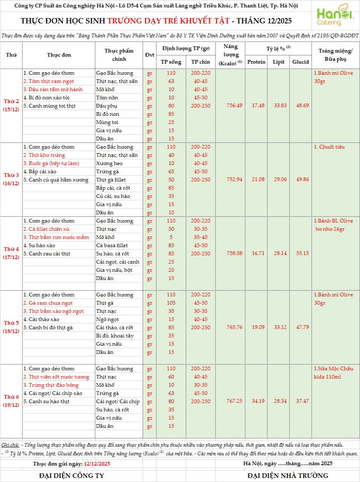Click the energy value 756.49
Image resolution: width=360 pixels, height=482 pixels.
click(234, 106)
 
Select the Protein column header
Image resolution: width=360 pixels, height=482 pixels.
click(256, 62)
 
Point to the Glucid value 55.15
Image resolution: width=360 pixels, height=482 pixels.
click(300, 253)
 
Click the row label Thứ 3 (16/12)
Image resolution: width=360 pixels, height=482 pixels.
click(12, 179)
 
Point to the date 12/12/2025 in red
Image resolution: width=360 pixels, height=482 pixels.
click(97, 464)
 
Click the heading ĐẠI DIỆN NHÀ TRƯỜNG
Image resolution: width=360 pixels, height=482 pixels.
click(288, 475)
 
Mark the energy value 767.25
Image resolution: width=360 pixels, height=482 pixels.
click(234, 401)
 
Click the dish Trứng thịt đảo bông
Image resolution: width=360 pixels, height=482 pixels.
click(51, 385)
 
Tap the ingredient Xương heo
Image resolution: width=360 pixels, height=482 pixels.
click(109, 163)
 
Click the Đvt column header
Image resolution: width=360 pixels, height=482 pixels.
click(149, 55)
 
